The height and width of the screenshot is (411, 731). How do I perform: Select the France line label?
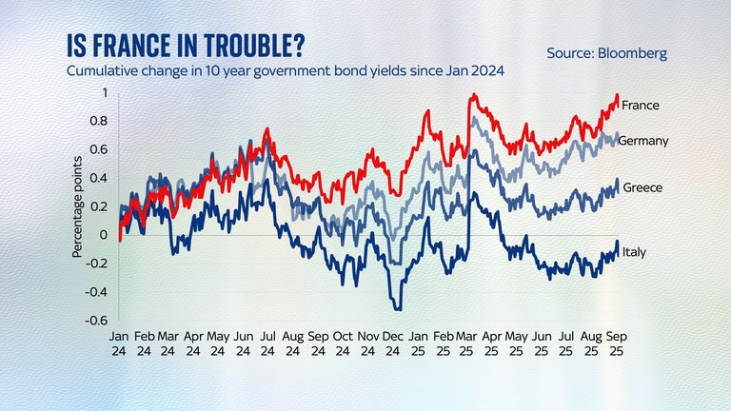tap(642, 105)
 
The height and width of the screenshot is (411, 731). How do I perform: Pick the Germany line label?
tap(643, 141)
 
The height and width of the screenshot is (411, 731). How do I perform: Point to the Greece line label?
tap(642, 187)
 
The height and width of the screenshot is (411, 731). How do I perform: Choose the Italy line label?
tap(634, 251)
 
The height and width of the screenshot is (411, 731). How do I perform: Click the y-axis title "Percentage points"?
tap(78, 206)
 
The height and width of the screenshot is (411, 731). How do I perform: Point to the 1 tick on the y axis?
tap(106, 92)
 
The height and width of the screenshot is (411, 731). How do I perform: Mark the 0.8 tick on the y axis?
tap(101, 121)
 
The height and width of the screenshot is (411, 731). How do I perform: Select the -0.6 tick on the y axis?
tap(99, 321)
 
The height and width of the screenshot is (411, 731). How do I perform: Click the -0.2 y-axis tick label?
tap(99, 264)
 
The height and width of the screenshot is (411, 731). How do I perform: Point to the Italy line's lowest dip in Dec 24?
tap(398, 309)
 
